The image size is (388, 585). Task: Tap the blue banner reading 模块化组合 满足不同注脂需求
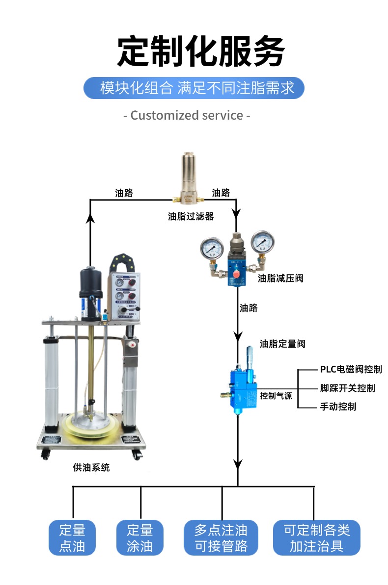coord(194,88)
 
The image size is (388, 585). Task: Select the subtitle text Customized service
coord(187,116)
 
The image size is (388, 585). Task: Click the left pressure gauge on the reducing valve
coord(212,248)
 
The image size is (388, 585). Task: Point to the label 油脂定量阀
coord(282,344)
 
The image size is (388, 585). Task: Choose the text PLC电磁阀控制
coord(351,369)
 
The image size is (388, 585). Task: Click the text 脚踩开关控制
coord(347,388)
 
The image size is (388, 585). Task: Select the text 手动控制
coord(338,407)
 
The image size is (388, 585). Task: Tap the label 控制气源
coord(276,396)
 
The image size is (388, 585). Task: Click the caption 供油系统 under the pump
coord(91,468)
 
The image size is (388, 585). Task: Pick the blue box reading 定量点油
coord(72,537)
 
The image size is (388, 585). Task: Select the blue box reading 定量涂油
coord(140,537)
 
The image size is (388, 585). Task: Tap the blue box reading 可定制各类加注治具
coord(316,537)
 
